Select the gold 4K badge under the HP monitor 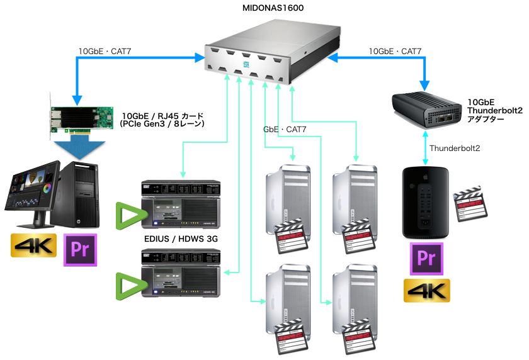tap(33, 245)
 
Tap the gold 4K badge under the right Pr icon tap(427, 291)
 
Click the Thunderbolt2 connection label tap(455, 149)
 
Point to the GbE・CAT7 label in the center tap(285, 130)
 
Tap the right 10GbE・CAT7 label tap(395, 51)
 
